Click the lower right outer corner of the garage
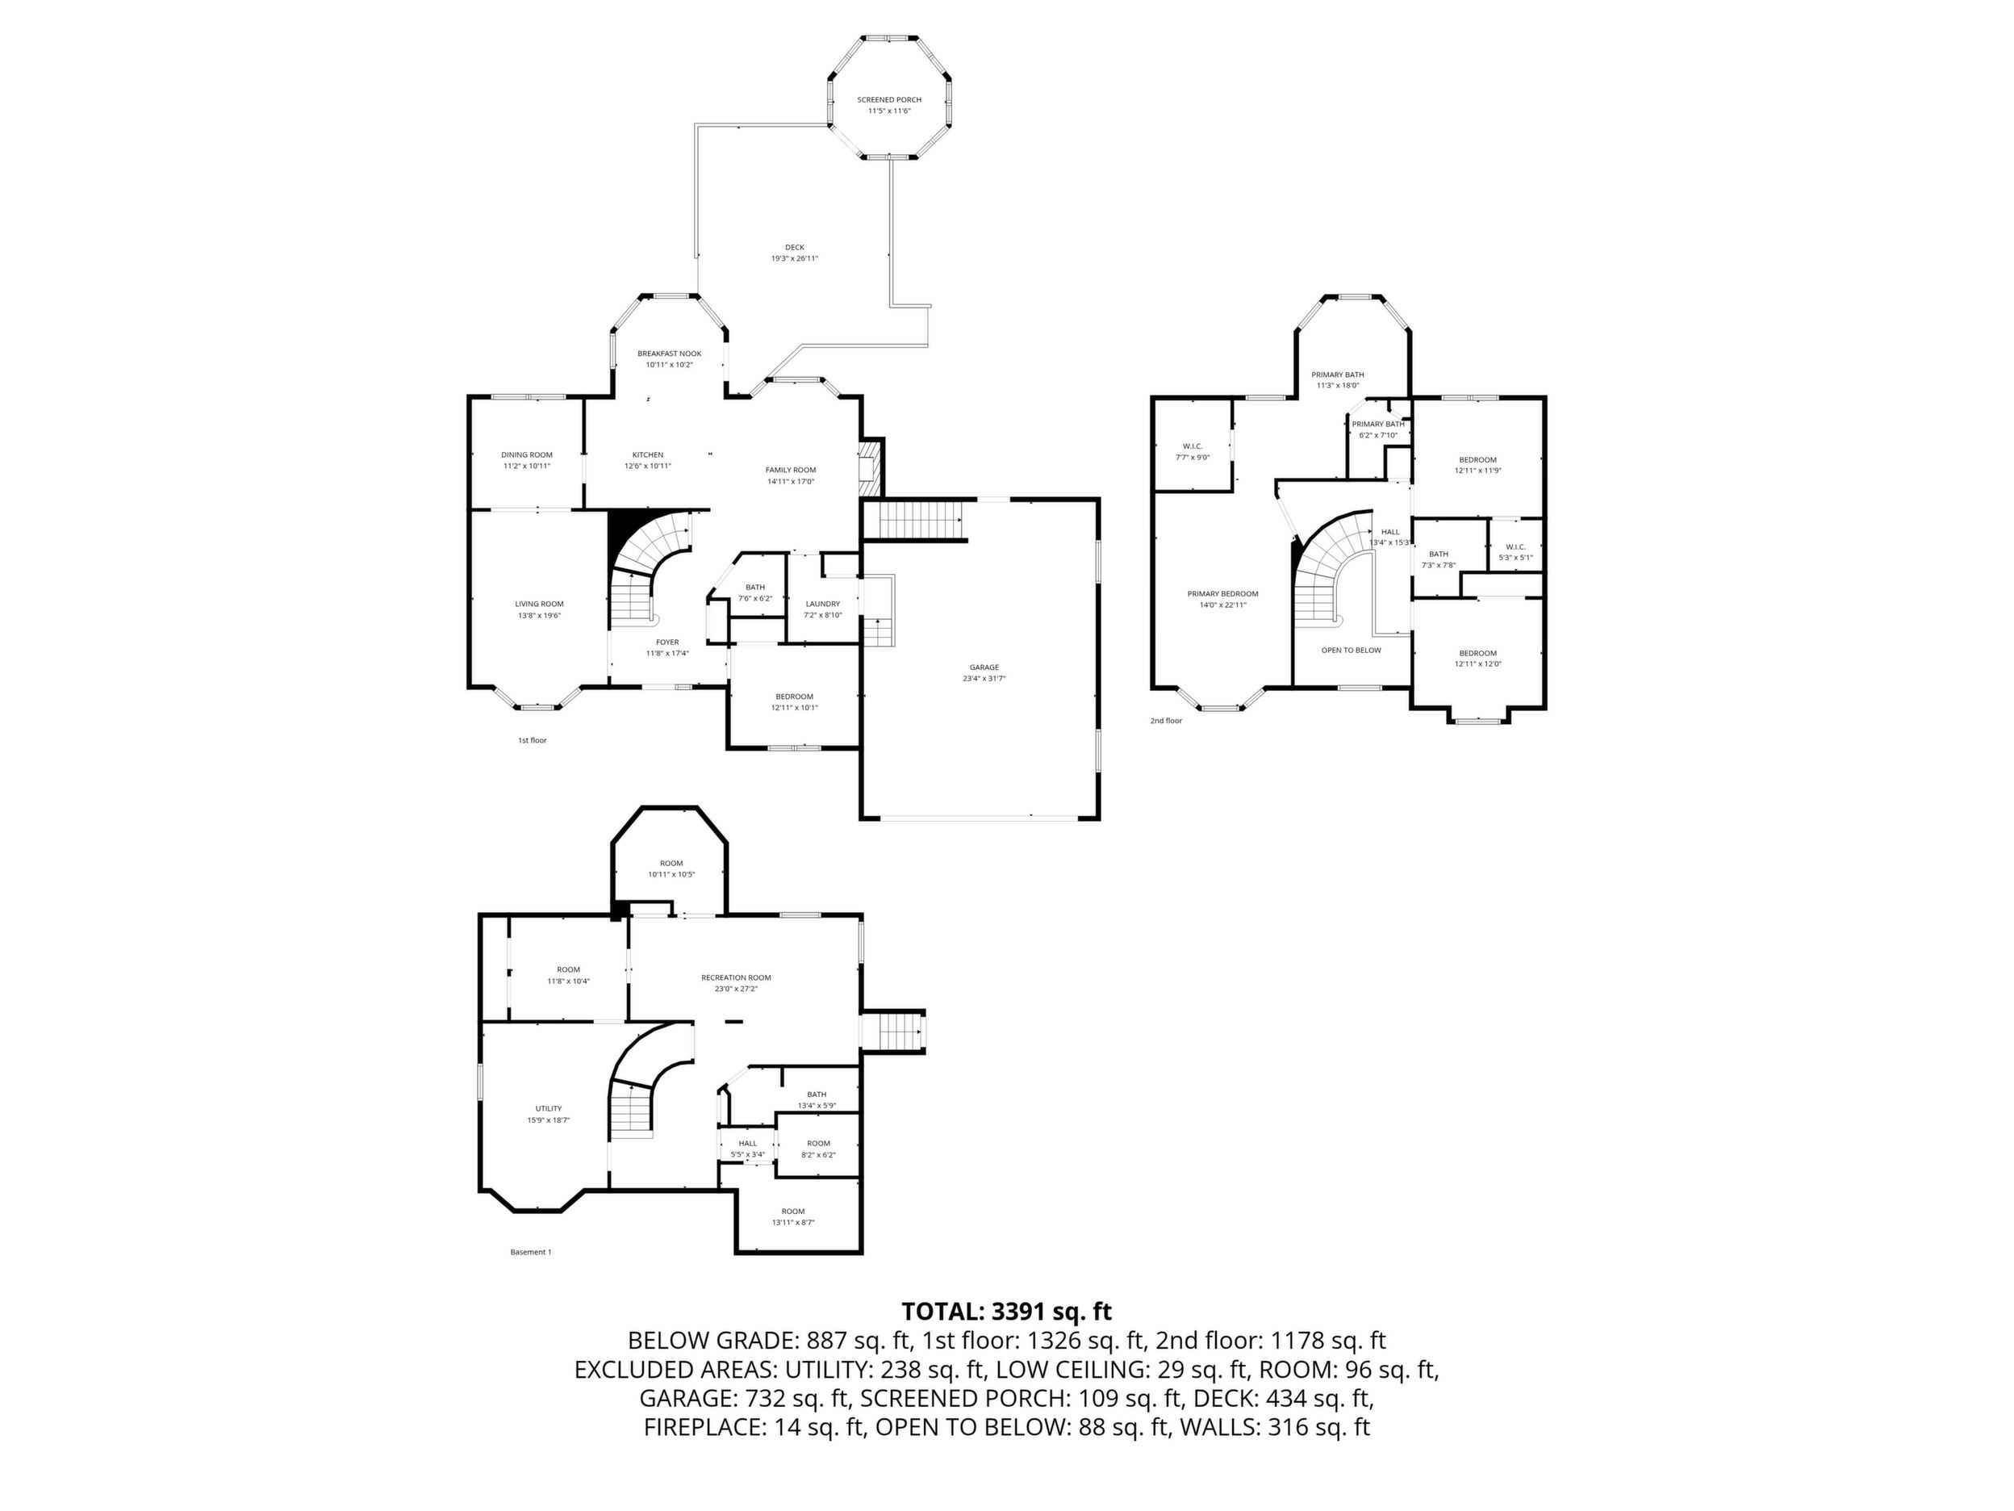[x=1100, y=820]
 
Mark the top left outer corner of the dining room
[x=469, y=396]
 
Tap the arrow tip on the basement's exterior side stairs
[x=921, y=1032]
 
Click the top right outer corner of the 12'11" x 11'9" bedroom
[x=1545, y=397]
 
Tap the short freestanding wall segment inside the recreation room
[x=733, y=1022]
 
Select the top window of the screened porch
[x=889, y=37]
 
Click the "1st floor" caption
[x=533, y=740]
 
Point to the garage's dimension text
[x=984, y=679]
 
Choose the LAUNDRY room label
[x=822, y=604]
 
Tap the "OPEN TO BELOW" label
[x=1352, y=651]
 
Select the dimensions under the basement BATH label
[x=817, y=1106]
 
